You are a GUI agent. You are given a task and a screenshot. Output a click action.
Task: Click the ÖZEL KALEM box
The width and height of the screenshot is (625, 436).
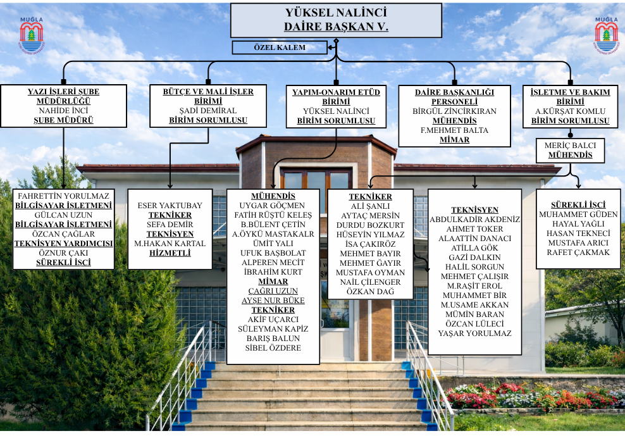[x=280, y=47]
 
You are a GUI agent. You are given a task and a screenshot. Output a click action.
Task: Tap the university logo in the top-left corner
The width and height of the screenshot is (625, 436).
[x=32, y=35]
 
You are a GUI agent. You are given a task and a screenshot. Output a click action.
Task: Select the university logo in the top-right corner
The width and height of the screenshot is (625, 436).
[x=606, y=35]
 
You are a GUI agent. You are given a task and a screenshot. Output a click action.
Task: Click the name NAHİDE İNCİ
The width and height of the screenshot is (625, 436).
[x=63, y=111]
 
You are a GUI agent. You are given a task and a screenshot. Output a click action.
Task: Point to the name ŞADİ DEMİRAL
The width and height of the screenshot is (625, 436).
[x=208, y=111]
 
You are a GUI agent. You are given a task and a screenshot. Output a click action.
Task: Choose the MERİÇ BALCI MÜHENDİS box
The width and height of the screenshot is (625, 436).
[x=570, y=151]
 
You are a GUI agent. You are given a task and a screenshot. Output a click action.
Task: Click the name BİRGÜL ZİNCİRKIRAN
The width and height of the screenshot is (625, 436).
[x=454, y=111]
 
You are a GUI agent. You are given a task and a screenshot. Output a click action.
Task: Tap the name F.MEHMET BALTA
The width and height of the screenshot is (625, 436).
[x=454, y=130]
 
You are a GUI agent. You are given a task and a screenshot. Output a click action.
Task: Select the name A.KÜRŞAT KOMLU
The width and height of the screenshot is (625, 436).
[x=570, y=111]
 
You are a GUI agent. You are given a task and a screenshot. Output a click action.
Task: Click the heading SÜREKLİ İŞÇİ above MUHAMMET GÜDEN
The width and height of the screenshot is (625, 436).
[x=578, y=205]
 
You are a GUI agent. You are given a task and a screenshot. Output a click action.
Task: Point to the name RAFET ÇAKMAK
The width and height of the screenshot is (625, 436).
[x=578, y=252]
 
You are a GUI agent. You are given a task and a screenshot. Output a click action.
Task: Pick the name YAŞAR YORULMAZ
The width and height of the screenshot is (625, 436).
[x=474, y=333]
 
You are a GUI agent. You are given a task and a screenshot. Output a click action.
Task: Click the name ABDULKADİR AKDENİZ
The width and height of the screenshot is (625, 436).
[x=474, y=220]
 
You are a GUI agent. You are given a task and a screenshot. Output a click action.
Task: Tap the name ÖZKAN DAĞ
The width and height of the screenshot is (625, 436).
[x=370, y=292]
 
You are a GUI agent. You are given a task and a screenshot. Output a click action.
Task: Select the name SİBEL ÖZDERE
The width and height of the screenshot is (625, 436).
[x=273, y=348]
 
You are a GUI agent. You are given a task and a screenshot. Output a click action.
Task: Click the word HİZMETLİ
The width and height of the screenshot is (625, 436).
[x=170, y=253]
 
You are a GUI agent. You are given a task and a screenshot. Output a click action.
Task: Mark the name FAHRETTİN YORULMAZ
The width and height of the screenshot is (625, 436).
[x=63, y=196]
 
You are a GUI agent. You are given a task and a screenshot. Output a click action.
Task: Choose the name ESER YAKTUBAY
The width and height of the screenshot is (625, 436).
[x=170, y=206]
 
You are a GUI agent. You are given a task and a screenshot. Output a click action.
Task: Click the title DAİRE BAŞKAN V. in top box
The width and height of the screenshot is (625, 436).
[x=336, y=27]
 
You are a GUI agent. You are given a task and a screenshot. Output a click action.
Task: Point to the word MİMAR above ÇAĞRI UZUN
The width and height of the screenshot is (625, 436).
[x=273, y=282]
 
